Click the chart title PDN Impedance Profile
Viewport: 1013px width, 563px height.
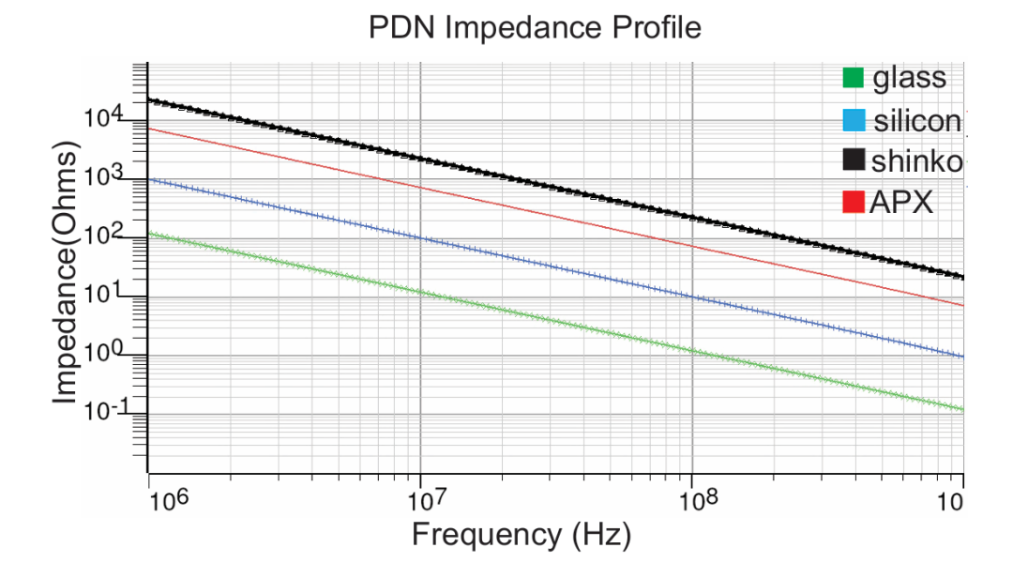tap(535, 28)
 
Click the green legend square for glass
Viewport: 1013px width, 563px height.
tap(853, 77)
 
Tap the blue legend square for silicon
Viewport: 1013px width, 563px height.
tap(853, 121)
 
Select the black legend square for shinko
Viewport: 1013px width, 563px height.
tap(853, 161)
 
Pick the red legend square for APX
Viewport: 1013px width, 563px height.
tap(853, 202)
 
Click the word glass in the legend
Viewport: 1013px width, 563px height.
tap(909, 77)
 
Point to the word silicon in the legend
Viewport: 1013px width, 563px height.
tap(916, 121)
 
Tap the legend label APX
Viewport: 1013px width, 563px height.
tap(901, 202)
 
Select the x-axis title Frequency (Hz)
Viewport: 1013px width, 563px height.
tap(522, 536)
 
